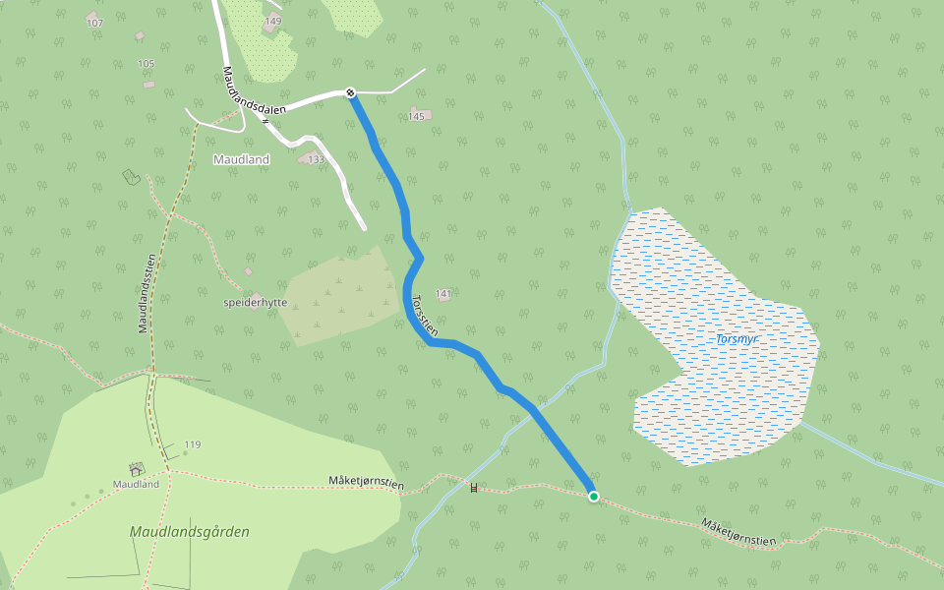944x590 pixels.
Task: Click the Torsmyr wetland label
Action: [x=737, y=339]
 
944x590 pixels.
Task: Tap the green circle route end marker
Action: [x=594, y=497]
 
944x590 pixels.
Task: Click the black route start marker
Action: [x=350, y=92]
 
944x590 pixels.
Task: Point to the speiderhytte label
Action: [x=256, y=303]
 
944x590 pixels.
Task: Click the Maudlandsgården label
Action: [x=190, y=532]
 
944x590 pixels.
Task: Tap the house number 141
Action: [x=443, y=294]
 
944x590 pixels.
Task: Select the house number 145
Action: [x=416, y=117]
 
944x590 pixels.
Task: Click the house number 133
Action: [x=316, y=159]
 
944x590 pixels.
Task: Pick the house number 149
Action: [x=273, y=21]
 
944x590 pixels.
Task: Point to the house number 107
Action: [x=94, y=23]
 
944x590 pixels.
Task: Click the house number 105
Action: [x=147, y=64]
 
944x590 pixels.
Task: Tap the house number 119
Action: [x=192, y=445]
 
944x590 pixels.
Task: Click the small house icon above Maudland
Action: [x=136, y=470]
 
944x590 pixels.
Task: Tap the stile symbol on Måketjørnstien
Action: [x=474, y=488]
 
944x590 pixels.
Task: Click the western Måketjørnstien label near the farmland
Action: [x=366, y=482]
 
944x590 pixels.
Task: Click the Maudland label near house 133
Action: [x=241, y=159]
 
